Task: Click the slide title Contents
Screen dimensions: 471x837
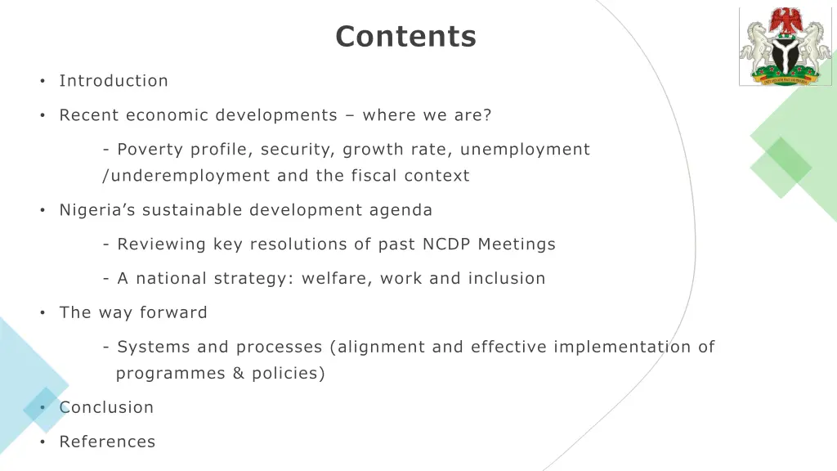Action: pos(405,37)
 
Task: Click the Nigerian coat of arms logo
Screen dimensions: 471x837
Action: pos(786,47)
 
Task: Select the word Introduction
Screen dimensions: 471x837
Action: pos(114,81)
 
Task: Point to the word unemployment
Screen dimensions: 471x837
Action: pos(536,150)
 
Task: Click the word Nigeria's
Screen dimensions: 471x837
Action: pos(98,210)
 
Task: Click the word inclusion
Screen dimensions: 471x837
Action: pos(507,279)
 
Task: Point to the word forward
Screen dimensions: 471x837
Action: pos(173,313)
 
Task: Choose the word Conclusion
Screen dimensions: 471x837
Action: pos(106,407)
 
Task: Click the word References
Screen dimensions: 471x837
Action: pos(107,442)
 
